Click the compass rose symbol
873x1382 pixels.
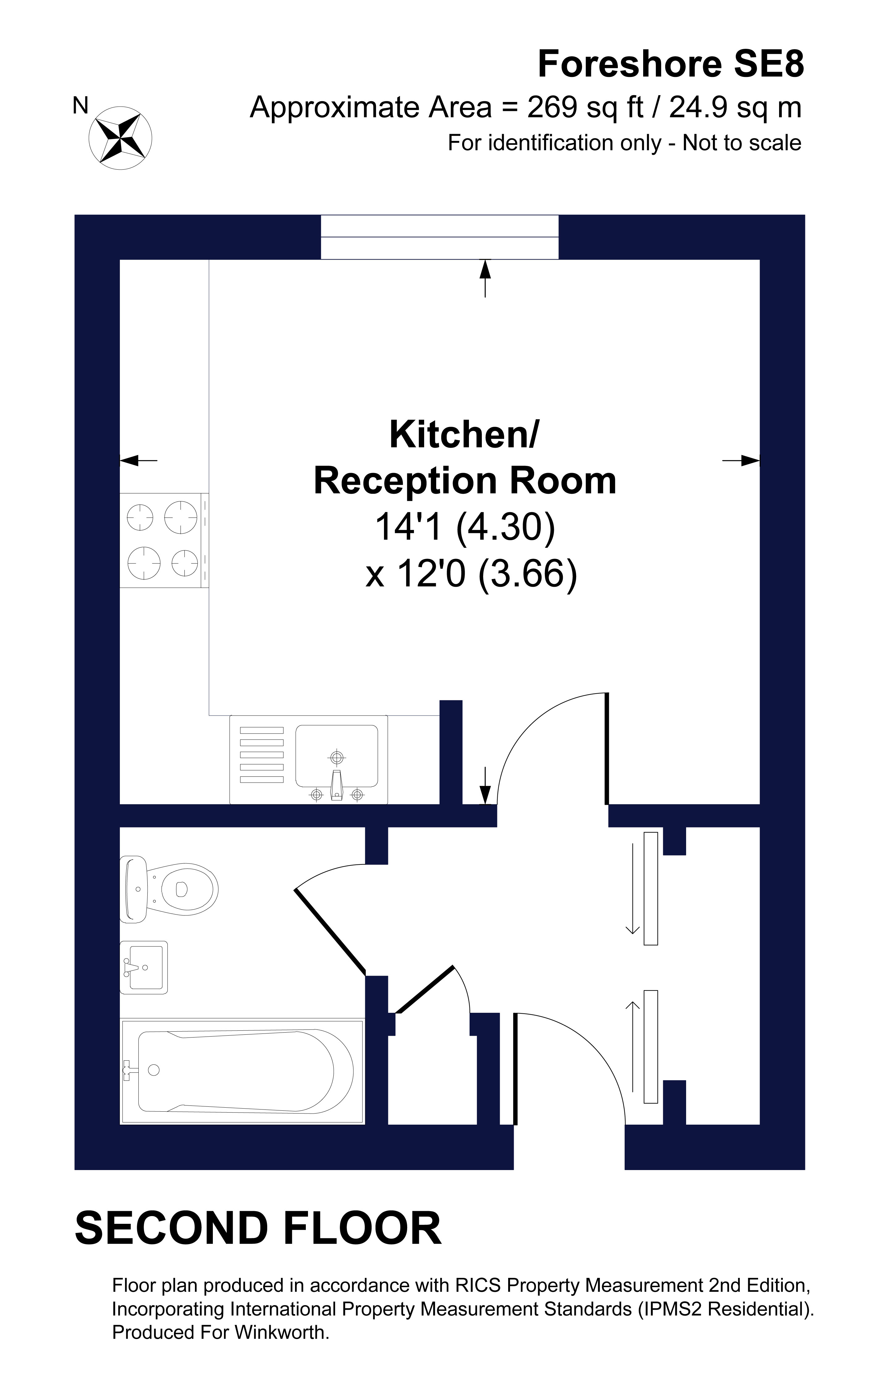[x=120, y=138]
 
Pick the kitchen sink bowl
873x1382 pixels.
[x=337, y=755]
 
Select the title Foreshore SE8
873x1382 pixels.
[x=670, y=64]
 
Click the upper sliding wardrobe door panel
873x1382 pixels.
[x=650, y=889]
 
